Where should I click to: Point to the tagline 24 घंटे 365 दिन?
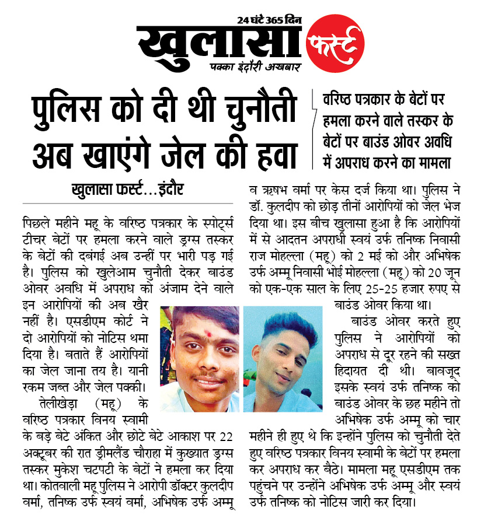(x=269, y=20)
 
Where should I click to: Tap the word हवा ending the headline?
(x=270, y=151)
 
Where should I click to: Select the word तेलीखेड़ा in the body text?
(x=60, y=404)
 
